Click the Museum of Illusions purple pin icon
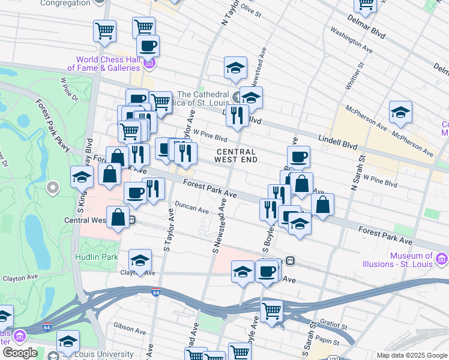coord(442,259)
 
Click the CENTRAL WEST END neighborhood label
coord(237,156)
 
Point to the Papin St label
coord(328,344)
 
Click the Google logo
coord(20,353)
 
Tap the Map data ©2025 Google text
coord(412,355)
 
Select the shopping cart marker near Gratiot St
coord(271,311)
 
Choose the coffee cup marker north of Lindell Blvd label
coord(298,157)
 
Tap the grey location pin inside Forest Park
coord(52,188)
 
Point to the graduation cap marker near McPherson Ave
coord(400,112)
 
